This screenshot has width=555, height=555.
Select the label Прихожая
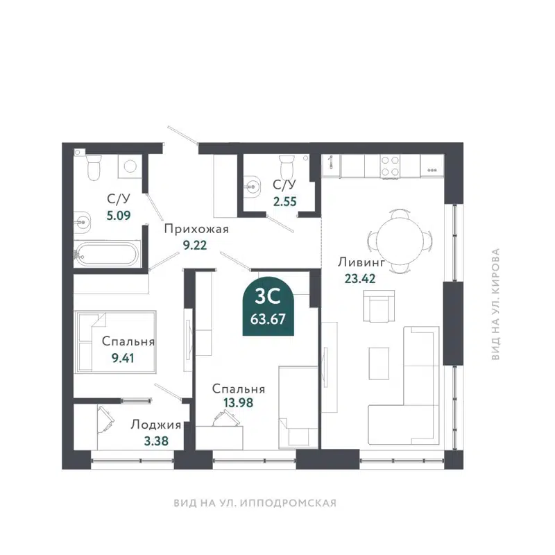click(x=196, y=229)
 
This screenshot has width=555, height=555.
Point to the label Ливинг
click(x=361, y=262)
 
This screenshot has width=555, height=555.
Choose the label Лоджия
click(x=156, y=425)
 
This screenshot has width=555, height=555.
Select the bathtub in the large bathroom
click(x=106, y=254)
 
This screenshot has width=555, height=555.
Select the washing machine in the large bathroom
click(x=129, y=165)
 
